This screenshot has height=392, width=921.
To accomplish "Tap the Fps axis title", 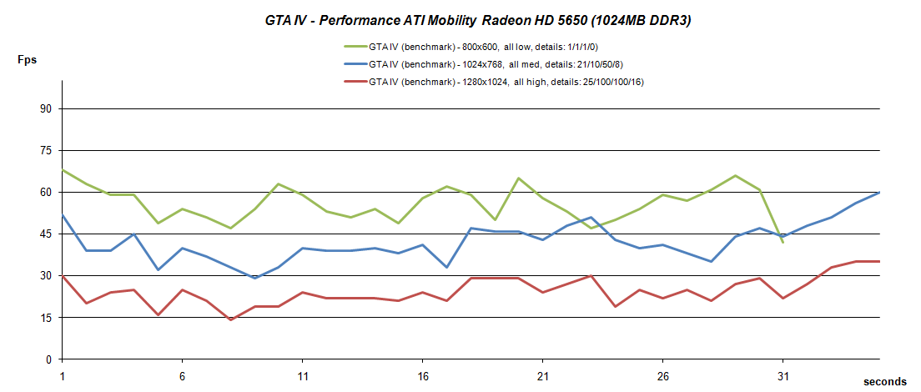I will coord(28,60).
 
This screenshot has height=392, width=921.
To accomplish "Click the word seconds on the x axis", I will coord(884,381).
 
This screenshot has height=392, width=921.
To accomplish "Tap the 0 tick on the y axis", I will coord(48,359).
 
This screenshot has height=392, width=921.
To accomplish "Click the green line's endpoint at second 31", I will coord(783,243).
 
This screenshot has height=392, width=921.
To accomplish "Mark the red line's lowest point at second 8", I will coord(230,320).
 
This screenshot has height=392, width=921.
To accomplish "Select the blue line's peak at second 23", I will coord(591,217).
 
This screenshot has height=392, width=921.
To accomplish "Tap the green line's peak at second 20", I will coord(519,178).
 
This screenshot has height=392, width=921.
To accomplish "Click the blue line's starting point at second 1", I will coord(63,214).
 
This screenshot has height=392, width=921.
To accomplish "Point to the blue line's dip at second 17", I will coord(446,267).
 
